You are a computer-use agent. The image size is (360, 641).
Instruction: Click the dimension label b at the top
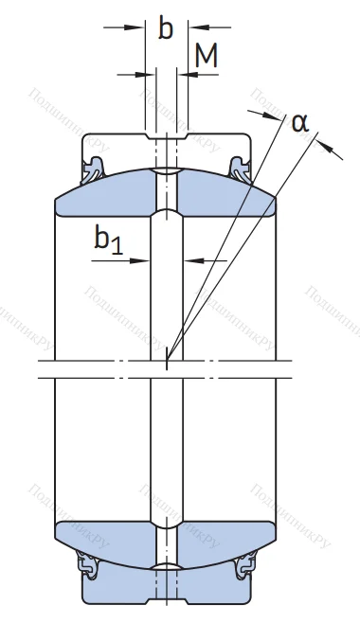coord(166,29)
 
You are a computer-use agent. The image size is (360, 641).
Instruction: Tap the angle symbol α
coord(300,122)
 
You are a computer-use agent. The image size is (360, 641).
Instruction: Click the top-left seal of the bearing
coord(93,170)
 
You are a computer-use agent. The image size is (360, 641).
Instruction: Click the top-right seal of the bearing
coord(241,170)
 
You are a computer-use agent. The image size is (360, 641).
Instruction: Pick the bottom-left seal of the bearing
coord(93,567)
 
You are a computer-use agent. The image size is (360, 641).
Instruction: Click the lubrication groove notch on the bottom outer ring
coord(168,597)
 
